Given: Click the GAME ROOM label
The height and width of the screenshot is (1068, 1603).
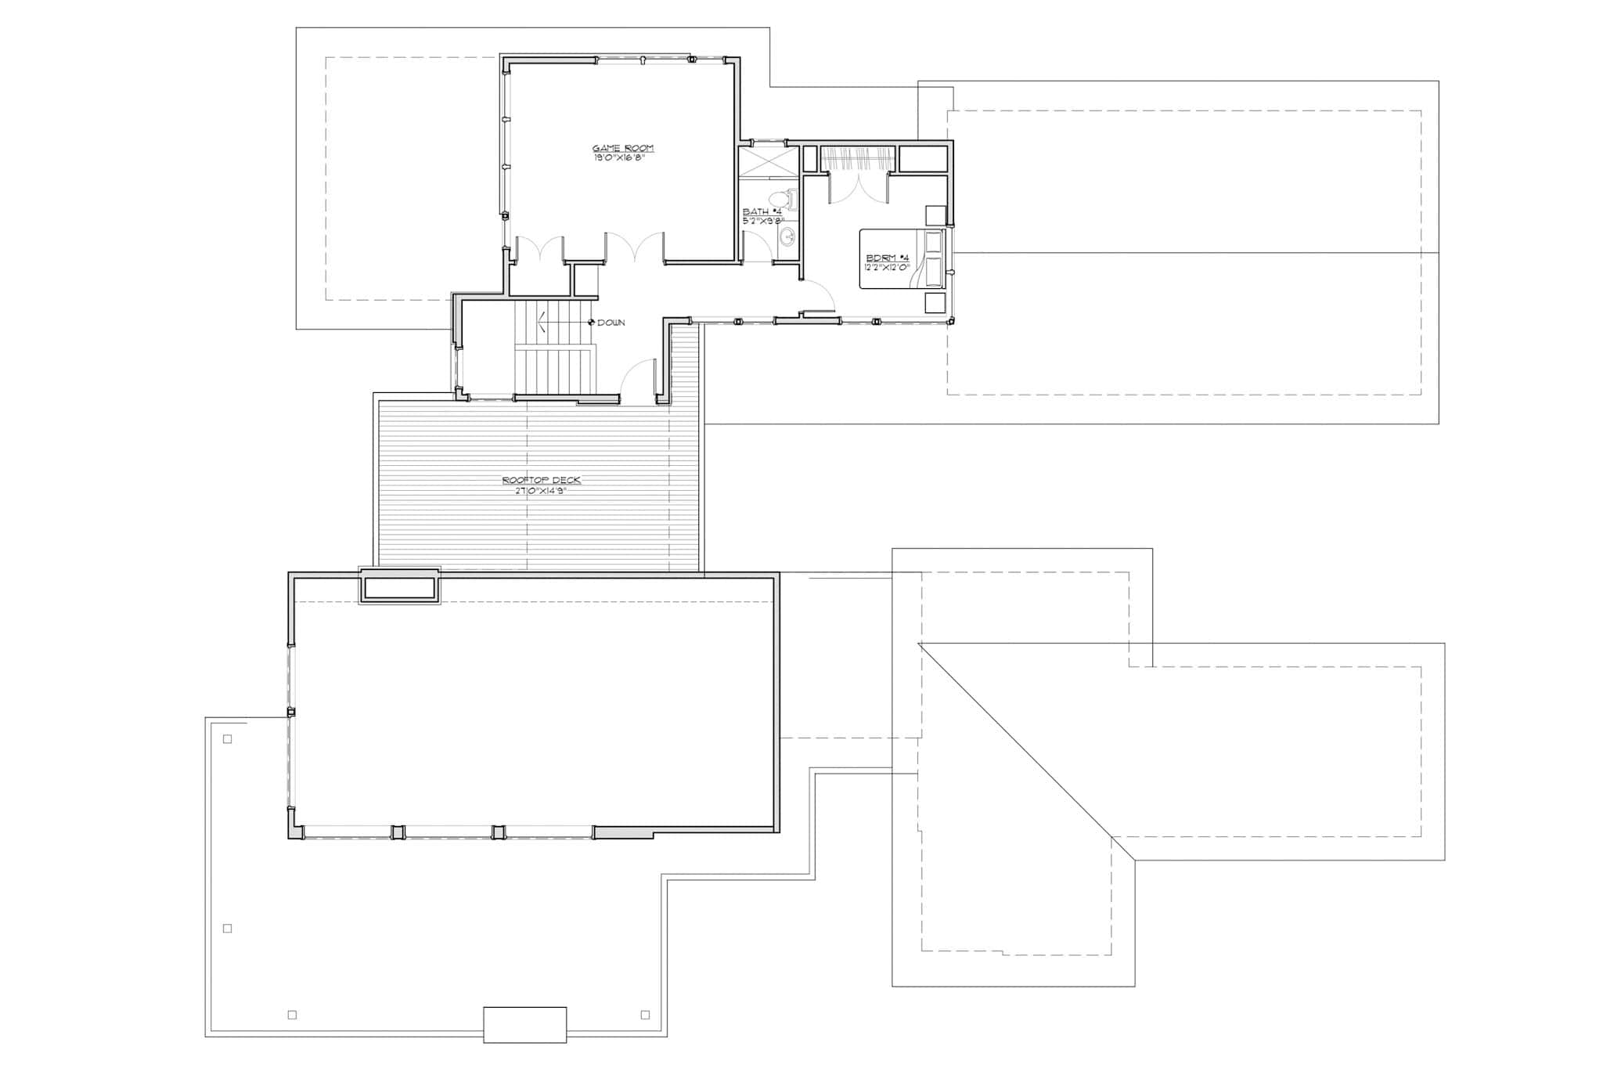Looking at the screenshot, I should [x=622, y=148].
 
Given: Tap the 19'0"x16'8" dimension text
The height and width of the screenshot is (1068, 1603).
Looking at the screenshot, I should [x=622, y=157].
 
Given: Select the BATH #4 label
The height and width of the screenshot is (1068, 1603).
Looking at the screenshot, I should [x=762, y=212].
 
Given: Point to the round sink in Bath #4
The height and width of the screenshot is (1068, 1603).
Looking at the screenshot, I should [x=787, y=237].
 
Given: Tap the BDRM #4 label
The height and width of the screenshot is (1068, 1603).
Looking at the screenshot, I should [x=888, y=258].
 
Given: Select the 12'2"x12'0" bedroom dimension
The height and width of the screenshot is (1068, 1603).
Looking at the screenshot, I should [x=888, y=267].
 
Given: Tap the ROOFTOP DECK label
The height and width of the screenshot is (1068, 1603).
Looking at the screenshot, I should [x=542, y=481].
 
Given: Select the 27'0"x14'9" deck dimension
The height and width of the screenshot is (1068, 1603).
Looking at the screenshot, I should [x=542, y=490].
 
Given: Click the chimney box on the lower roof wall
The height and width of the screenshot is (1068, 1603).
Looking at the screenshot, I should [x=399, y=587].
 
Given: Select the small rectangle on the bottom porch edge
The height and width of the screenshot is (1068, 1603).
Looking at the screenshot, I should [x=524, y=1024].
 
